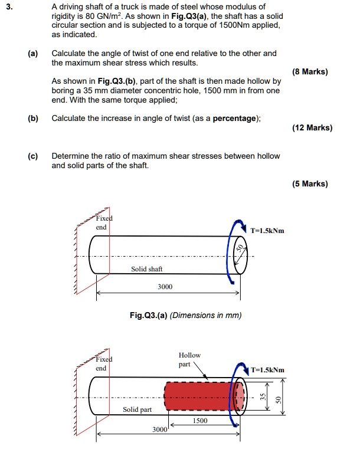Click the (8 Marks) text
pos(310,72)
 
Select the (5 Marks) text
pos(310,183)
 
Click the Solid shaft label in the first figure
pos(147,269)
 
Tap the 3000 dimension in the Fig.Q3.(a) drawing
pos(165,287)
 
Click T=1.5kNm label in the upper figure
pos(267,231)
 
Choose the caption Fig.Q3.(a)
pos(147,315)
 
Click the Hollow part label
pos(189,359)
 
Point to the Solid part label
pos(137,409)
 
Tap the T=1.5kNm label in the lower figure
pos(267,370)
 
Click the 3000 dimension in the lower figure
pos(160,430)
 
